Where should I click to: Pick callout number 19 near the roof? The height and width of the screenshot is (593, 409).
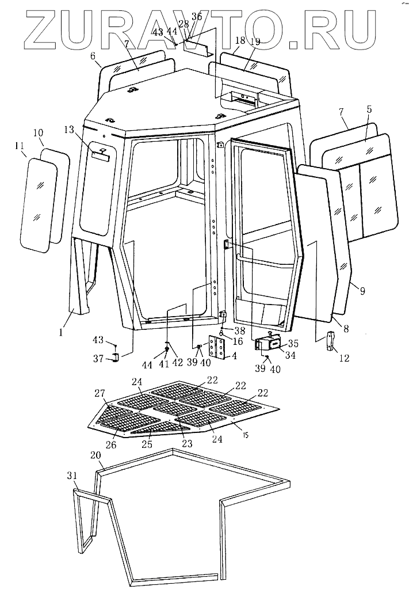255,41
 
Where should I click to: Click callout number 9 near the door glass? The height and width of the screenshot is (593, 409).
362,291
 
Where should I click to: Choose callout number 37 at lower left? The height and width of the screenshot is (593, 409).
98,359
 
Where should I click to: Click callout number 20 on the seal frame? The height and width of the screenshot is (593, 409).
97,455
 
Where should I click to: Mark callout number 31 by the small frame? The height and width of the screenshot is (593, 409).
71,476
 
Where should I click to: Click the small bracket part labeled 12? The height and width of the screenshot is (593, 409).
330,341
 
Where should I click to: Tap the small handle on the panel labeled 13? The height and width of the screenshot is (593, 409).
101,150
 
